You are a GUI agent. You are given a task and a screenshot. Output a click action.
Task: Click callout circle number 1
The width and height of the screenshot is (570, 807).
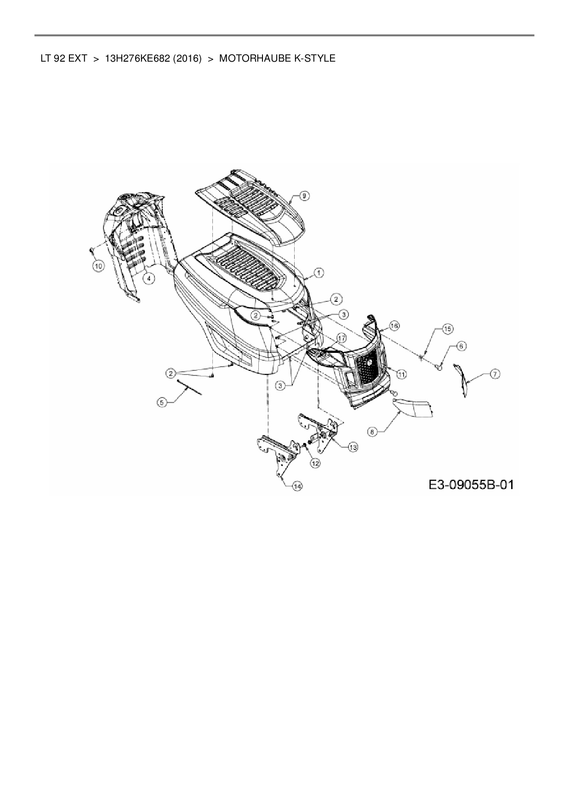[x=319, y=273]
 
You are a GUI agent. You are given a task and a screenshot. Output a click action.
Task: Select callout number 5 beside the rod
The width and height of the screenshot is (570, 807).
[x=161, y=402]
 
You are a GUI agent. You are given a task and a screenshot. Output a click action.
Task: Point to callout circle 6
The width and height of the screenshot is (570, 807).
[x=461, y=346]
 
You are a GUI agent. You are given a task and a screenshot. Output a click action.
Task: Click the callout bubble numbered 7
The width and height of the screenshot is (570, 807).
[x=495, y=374]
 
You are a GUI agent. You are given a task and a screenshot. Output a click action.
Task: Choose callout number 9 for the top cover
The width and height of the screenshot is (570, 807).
[x=304, y=196]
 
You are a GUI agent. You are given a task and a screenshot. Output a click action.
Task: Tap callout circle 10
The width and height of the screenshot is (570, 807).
[x=98, y=265]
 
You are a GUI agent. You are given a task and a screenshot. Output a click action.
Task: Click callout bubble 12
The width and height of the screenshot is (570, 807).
[x=315, y=464]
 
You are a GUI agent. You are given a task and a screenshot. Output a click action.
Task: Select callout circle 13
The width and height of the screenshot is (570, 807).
[x=353, y=447]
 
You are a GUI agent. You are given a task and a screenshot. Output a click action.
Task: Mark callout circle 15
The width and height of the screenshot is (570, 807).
[x=447, y=329]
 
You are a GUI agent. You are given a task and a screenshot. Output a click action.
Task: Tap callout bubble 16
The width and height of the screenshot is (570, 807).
[x=394, y=326]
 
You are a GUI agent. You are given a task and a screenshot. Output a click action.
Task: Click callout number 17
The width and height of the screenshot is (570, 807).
[x=341, y=338]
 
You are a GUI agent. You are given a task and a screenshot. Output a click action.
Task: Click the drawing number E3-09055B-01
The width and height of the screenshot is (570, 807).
[x=471, y=484]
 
